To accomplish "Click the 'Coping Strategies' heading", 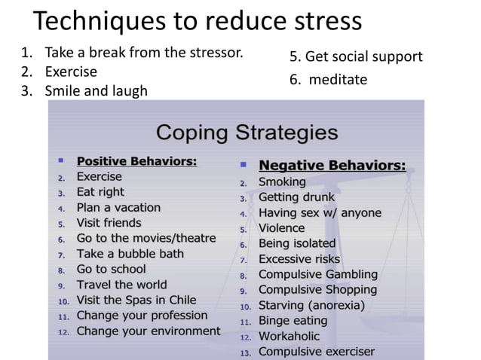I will click(246, 134).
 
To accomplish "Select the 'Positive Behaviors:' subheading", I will click(137, 160).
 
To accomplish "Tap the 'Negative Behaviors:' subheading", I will click(332, 165).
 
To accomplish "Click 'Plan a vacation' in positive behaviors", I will click(118, 207).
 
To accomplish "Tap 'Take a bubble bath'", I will click(130, 253).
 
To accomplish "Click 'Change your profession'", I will click(142, 315).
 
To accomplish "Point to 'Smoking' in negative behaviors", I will click(282, 182).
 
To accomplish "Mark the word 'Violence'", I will click(281, 227).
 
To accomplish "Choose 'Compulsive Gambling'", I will click(317, 274).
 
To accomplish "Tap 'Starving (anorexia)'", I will click(311, 305).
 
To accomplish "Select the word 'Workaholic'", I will click(289, 336).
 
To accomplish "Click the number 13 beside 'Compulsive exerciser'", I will click(244, 352).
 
